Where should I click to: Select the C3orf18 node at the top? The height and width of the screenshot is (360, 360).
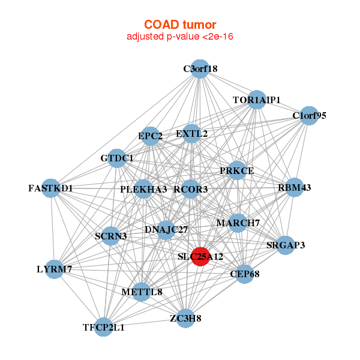coord(200,68)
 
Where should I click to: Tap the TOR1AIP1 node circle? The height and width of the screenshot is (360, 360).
coord(257,100)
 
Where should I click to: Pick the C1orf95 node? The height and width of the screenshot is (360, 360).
coord(308,116)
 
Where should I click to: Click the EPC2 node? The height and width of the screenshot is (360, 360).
coord(151,136)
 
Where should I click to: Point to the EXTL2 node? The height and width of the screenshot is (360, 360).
coord(192,133)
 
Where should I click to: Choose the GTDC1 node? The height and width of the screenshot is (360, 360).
coord(117,158)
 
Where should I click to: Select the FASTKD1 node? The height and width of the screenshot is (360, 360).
coord(52,188)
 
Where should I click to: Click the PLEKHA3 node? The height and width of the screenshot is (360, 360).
coord(143,189)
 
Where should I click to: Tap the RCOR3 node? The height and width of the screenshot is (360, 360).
coord(191,189)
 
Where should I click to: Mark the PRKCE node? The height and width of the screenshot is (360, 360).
coord(237,170)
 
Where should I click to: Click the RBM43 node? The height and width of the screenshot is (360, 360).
coord(294,188)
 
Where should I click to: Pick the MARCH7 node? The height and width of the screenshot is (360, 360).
coord(238,223)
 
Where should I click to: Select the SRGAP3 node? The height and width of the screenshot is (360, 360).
coord(286,245)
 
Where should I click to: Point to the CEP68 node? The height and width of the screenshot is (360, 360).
coord(244,274)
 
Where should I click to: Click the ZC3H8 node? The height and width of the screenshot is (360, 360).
coord(185,317)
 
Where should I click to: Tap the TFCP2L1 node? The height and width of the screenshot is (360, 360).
coord(104,327)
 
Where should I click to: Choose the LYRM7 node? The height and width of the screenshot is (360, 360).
coord(54,269)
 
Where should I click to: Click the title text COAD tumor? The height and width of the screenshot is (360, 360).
coord(179,24)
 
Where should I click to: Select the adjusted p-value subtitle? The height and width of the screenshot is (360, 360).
coord(179,37)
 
